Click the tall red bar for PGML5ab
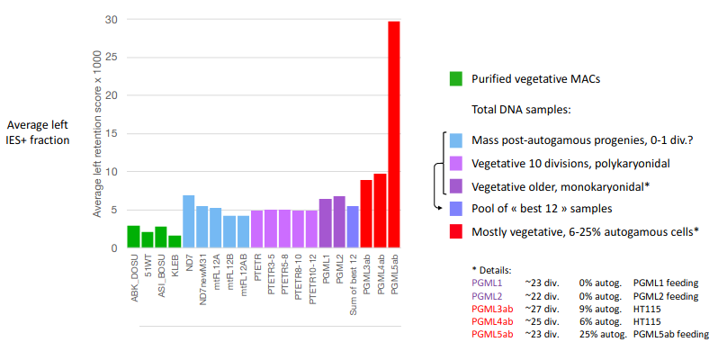(x=393, y=135)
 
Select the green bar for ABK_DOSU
(x=133, y=237)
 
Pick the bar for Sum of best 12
(x=353, y=227)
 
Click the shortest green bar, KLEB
(x=175, y=241)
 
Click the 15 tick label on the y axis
(x=112, y=134)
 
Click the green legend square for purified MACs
(x=457, y=79)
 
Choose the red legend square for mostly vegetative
(x=457, y=232)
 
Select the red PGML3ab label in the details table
(x=493, y=309)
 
